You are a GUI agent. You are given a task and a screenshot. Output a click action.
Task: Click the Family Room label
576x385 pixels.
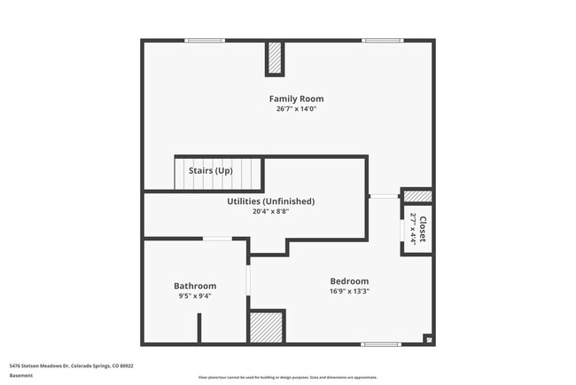(x=296, y=98)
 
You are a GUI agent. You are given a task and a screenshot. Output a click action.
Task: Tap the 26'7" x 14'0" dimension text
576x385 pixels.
(x=296, y=109)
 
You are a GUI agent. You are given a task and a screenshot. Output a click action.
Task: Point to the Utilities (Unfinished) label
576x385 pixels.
(x=270, y=201)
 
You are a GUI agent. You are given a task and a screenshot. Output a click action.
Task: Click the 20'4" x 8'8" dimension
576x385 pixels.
(x=270, y=211)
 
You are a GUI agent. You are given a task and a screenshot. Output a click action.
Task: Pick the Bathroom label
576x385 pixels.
(x=195, y=286)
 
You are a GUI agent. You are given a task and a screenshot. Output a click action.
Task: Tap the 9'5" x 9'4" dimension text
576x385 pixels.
(x=195, y=296)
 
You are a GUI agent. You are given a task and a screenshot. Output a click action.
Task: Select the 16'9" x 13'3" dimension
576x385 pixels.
(x=349, y=290)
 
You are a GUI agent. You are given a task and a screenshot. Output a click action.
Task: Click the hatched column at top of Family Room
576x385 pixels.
(x=275, y=59)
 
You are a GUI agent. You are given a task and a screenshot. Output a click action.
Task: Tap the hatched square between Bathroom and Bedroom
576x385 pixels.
(x=267, y=326)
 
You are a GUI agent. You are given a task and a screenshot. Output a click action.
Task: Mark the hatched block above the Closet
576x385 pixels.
(x=418, y=196)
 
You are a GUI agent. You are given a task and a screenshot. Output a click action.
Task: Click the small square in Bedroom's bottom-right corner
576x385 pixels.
(x=428, y=338)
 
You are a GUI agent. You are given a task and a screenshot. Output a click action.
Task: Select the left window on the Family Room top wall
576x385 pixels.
(x=205, y=40)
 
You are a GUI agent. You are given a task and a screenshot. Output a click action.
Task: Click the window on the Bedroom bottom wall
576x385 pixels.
(x=381, y=343)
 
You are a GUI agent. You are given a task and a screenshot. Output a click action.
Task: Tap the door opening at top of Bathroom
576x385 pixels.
(x=217, y=239)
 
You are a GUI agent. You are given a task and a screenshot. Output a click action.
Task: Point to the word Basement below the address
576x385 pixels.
(x=20, y=375)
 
